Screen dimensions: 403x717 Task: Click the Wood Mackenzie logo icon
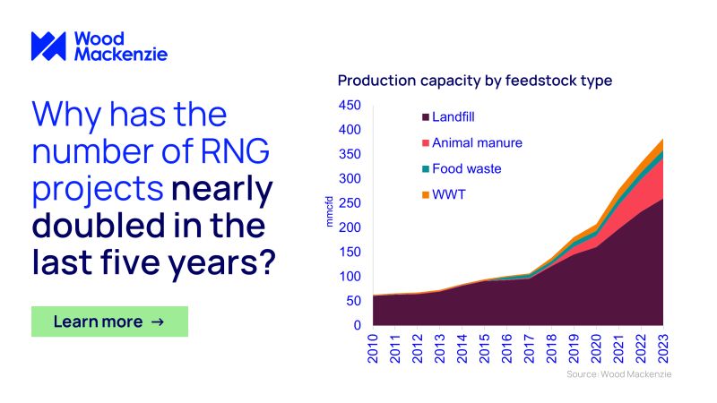[48, 47]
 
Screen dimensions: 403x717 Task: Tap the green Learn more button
[109, 322]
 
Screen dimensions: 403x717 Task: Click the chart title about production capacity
[474, 81]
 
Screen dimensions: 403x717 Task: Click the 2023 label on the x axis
[664, 347]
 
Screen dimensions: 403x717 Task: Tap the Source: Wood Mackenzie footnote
[618, 373]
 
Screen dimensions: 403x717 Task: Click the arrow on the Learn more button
[158, 322]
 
